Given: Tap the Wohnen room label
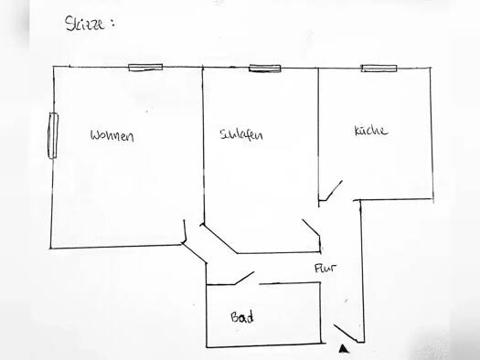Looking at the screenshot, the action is pos(112,137).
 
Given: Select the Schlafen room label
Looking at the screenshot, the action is pos(241,135).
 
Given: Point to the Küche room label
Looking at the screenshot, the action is pos(371,131).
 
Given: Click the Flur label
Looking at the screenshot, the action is pos(325,270).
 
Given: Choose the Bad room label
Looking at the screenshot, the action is pos(241,318).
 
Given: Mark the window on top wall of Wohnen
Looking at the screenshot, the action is pos(145,67).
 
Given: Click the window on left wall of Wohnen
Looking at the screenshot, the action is pos(53,135).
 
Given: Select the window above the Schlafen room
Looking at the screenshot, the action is pos(264,68).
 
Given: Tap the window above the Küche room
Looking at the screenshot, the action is pos(379,68).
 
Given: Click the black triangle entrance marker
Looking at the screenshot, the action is pos(343,347).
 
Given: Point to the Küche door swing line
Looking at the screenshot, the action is pos(331,191).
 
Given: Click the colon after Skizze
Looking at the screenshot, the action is pos(112,24).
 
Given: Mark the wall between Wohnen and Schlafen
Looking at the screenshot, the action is pos(202,146).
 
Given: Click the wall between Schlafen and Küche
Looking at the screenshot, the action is pos(318,128).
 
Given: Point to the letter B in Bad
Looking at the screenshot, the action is pos(235,318).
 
